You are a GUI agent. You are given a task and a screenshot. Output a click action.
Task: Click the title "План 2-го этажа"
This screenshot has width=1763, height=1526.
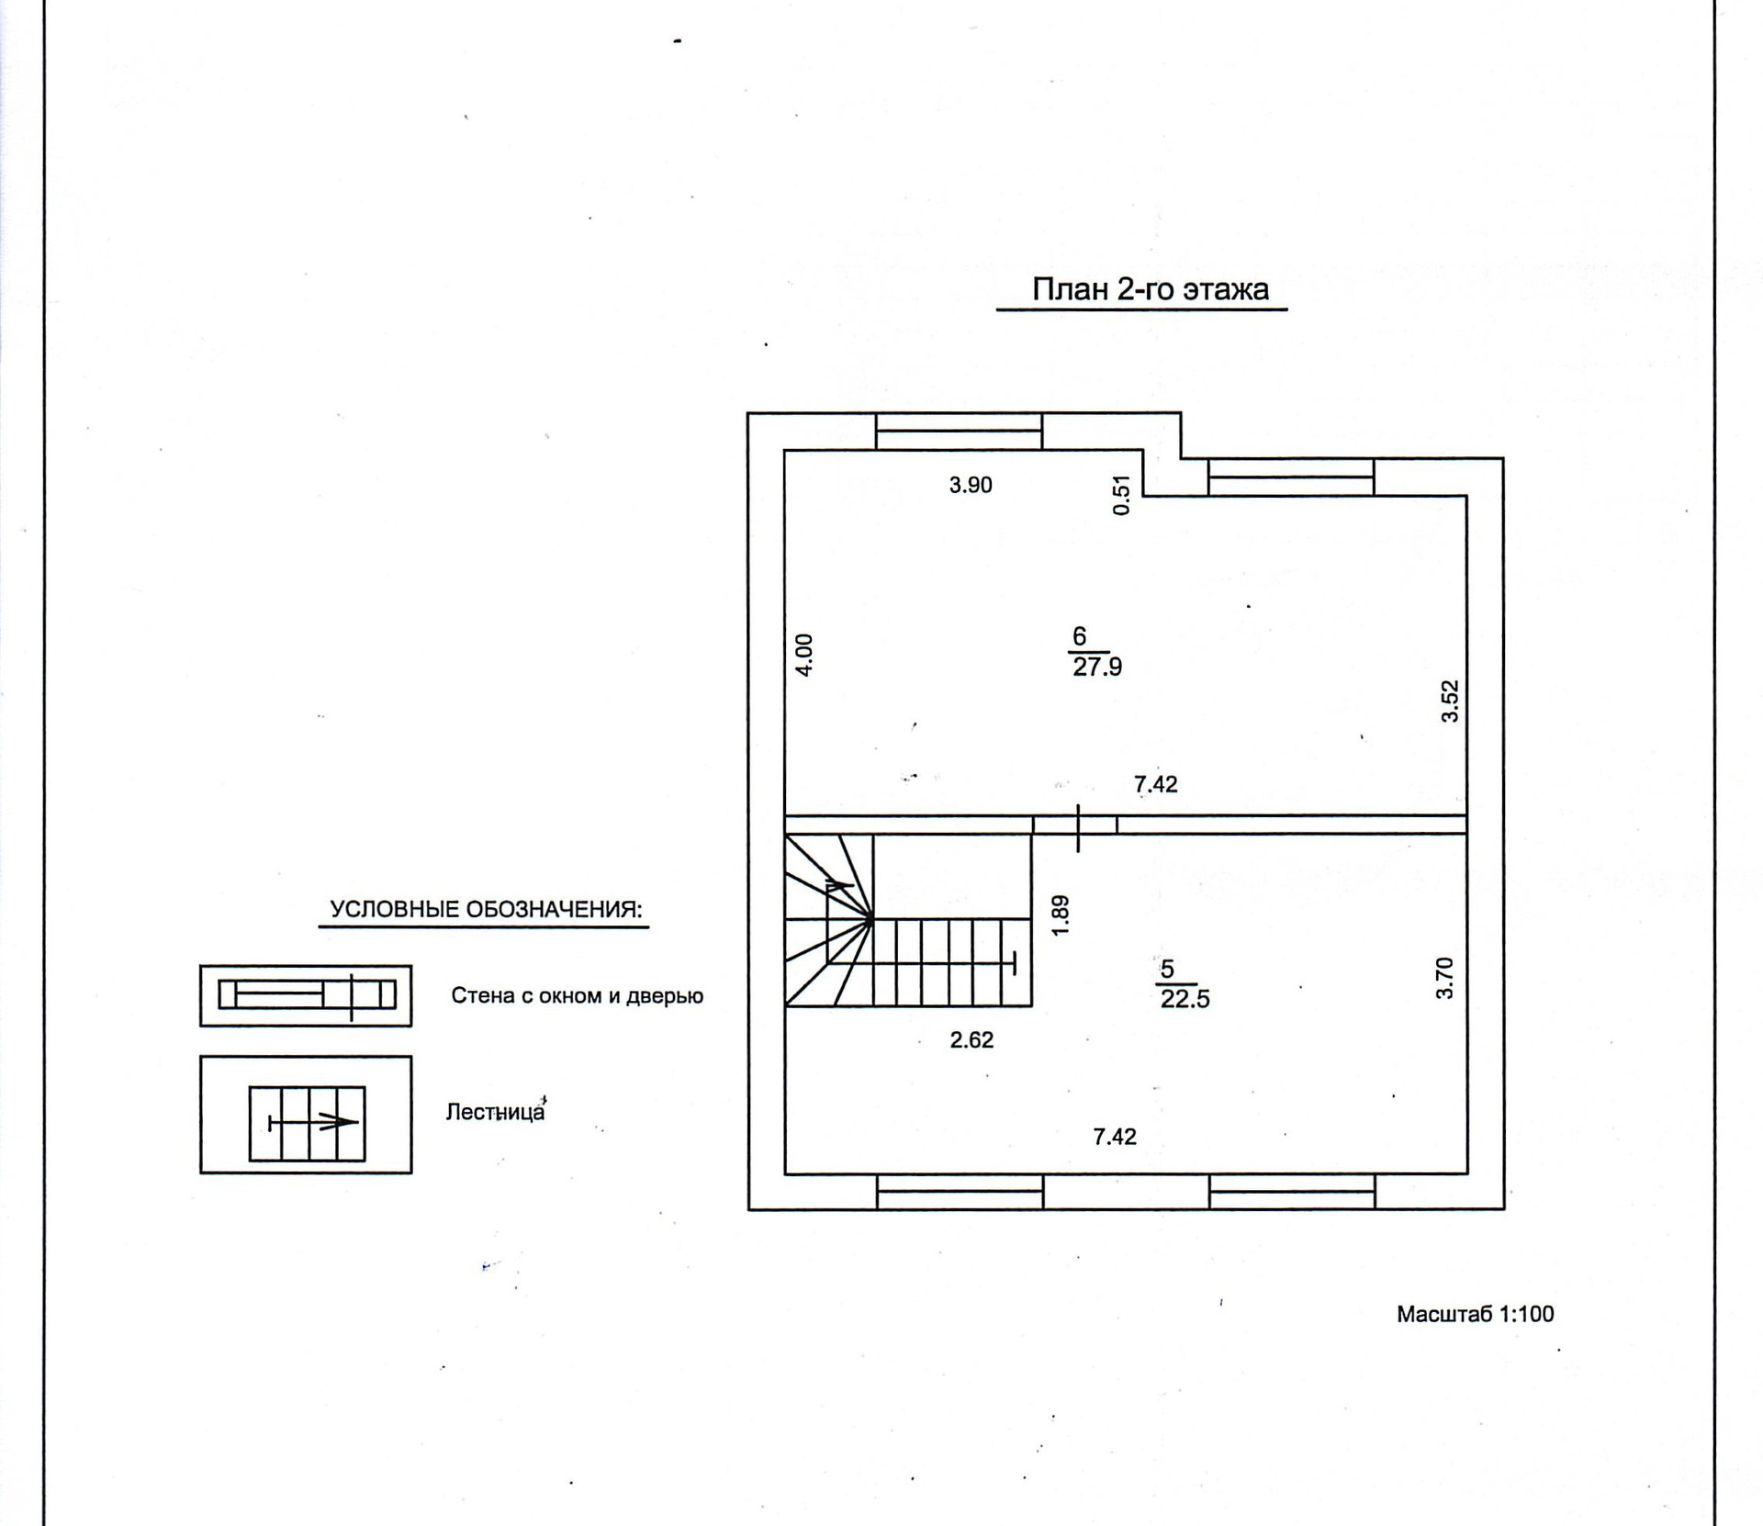1150,290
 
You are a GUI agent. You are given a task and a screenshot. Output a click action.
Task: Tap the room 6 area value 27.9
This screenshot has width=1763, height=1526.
1097,667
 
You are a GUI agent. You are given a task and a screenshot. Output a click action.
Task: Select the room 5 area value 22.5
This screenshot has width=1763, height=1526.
1185,999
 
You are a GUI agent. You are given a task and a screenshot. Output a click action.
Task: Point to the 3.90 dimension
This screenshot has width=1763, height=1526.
971,485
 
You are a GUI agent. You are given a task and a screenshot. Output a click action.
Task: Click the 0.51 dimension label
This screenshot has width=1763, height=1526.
1120,495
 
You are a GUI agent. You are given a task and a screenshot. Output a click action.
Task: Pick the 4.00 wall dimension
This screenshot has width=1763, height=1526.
803,656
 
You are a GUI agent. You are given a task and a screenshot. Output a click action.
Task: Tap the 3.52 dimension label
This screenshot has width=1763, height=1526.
1450,701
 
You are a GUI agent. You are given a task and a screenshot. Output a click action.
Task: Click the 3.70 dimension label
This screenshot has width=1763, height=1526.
1445,978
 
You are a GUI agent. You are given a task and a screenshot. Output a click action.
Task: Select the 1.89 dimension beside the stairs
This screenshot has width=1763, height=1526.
1061,915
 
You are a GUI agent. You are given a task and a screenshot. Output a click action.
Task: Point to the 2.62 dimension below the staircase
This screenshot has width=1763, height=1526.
971,1040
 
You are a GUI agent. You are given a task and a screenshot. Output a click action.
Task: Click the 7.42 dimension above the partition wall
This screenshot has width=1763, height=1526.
1155,784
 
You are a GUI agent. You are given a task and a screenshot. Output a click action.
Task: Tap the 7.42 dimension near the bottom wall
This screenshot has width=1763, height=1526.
1115,1137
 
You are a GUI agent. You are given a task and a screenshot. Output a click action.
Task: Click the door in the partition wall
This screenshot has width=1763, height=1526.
1076,825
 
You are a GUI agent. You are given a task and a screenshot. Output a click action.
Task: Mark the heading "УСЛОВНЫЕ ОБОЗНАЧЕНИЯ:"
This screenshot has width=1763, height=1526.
486,910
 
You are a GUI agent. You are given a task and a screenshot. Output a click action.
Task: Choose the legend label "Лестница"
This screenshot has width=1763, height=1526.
495,1112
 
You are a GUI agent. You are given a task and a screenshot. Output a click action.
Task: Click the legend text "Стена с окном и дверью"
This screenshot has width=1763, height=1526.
577,996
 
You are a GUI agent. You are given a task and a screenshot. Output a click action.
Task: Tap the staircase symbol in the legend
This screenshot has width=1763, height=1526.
307,1124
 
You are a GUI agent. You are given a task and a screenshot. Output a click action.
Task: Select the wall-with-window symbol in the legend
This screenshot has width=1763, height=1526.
306,995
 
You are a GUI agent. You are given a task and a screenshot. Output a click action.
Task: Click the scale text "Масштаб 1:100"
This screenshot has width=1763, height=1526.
1475,1314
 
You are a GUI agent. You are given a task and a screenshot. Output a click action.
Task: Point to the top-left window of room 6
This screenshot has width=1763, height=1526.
959,432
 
